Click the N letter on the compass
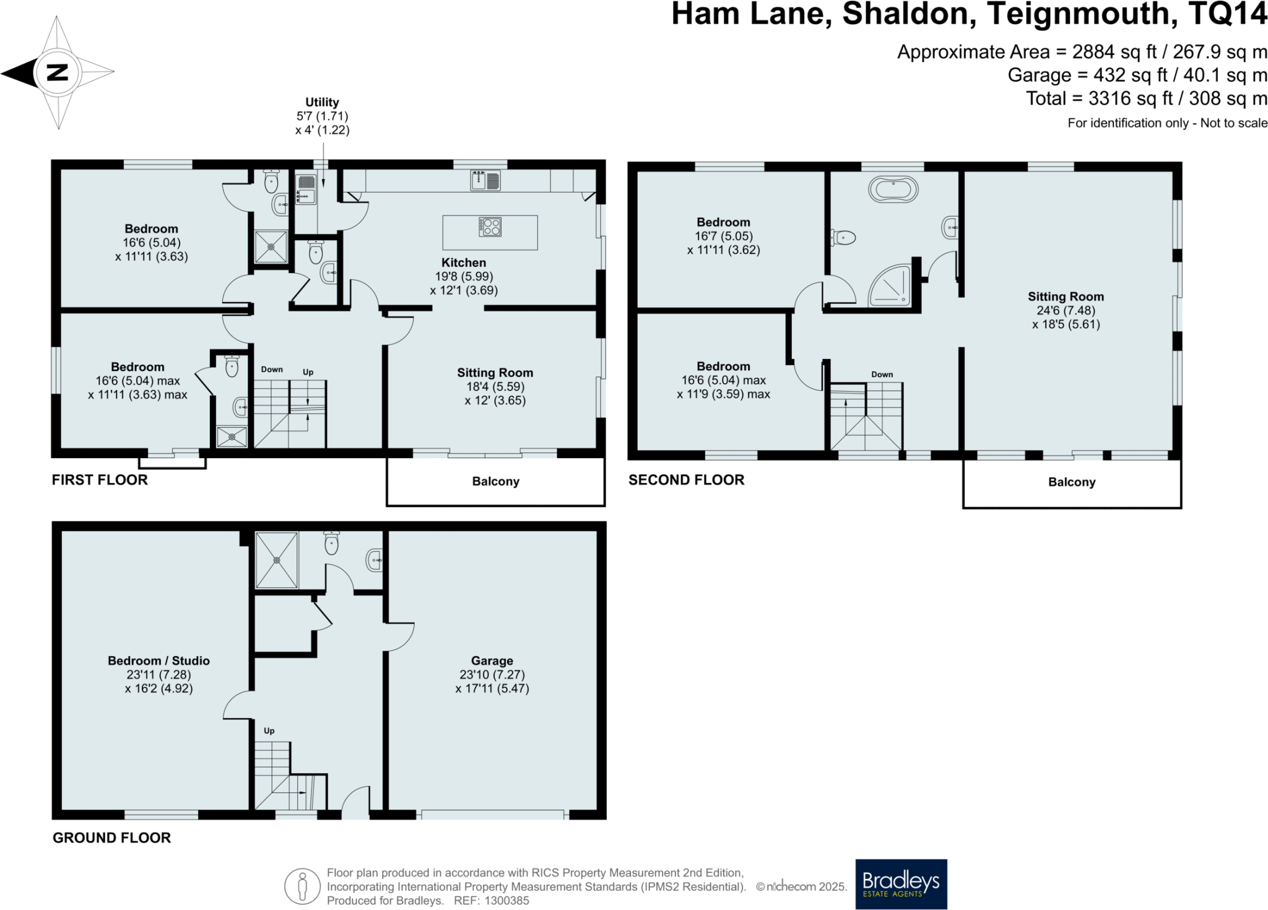57,72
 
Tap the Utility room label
322,102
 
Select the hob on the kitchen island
490,227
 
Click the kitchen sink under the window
485,181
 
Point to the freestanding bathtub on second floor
893,189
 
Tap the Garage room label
492,661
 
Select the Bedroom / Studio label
158,661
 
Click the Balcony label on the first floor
495,482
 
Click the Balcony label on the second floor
1071,482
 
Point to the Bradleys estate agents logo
901,883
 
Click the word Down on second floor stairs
882,375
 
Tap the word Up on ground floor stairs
269,730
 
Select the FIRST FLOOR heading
100,480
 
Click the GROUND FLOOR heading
111,838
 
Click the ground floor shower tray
277,560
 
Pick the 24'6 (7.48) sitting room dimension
1066,310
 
